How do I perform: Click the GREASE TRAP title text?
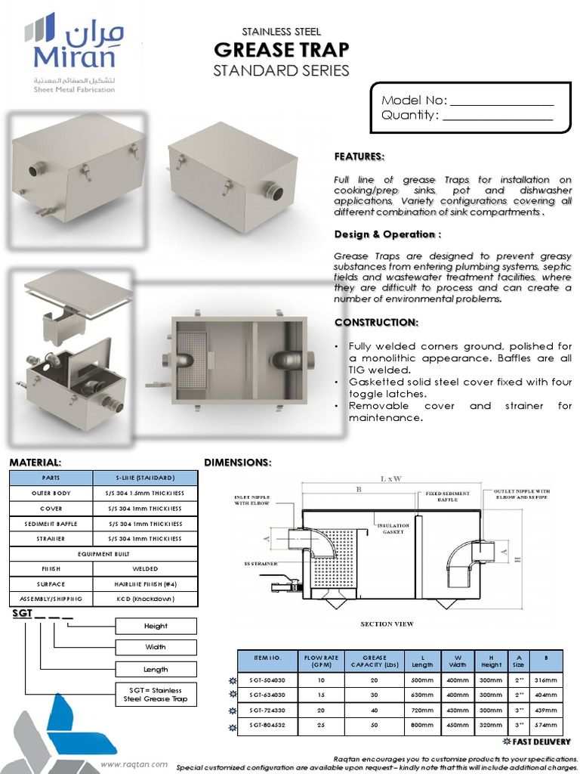pos(281,50)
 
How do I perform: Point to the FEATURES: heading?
pos(359,156)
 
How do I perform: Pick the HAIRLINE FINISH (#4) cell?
pos(145,584)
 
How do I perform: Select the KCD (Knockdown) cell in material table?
pos(145,599)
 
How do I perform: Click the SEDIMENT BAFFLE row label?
pos(51,523)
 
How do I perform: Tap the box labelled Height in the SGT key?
pos(156,626)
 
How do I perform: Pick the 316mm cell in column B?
pos(548,681)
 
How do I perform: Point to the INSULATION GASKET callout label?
pos(393,528)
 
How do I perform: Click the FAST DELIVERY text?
pos(541,742)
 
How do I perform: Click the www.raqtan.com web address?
pos(134,764)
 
